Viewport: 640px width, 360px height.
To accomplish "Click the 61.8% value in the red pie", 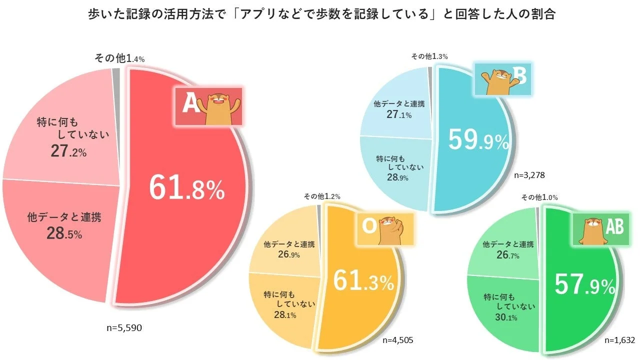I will (187, 187).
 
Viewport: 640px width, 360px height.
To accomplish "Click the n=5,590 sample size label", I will (125, 328).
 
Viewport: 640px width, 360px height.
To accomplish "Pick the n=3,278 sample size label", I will (529, 175).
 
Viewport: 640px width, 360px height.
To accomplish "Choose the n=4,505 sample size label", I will (397, 340).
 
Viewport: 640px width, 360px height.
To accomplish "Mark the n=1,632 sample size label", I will (619, 340).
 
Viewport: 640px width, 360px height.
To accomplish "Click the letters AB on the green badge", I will (614, 227).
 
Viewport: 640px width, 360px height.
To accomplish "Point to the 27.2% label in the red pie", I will (68, 151).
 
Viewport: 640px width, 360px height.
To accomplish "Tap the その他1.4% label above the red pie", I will (119, 58).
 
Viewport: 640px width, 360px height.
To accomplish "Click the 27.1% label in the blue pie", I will (398, 116).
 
